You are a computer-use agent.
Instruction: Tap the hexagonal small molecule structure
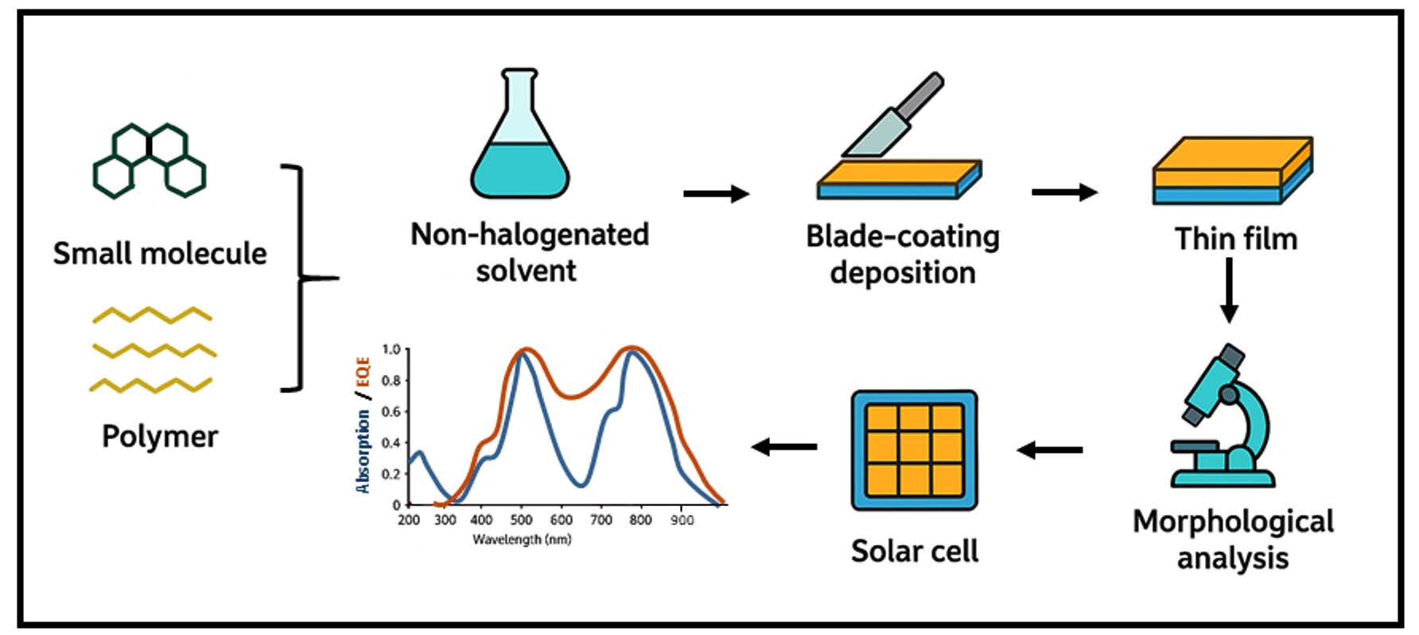[x=150, y=161]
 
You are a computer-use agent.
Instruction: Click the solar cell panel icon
[x=914, y=450]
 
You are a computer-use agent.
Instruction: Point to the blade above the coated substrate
[x=893, y=116]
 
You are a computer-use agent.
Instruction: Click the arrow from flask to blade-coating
[x=716, y=193]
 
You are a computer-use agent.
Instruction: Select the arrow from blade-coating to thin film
[x=1064, y=192]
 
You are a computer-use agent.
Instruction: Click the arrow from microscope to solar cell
[x=1049, y=450]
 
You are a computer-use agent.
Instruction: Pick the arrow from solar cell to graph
[x=784, y=447]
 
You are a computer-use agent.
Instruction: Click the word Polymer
[x=160, y=437]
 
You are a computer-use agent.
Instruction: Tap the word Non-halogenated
[x=530, y=235]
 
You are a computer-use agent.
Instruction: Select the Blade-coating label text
[x=903, y=237]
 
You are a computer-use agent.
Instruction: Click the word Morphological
[x=1233, y=522]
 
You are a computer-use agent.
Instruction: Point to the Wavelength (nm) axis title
[x=522, y=540]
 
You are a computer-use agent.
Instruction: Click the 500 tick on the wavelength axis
[x=521, y=520]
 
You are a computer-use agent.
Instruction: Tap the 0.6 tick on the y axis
[x=391, y=411]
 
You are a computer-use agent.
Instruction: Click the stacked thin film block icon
[x=1232, y=170]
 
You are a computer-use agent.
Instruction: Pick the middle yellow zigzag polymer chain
[x=154, y=350]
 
